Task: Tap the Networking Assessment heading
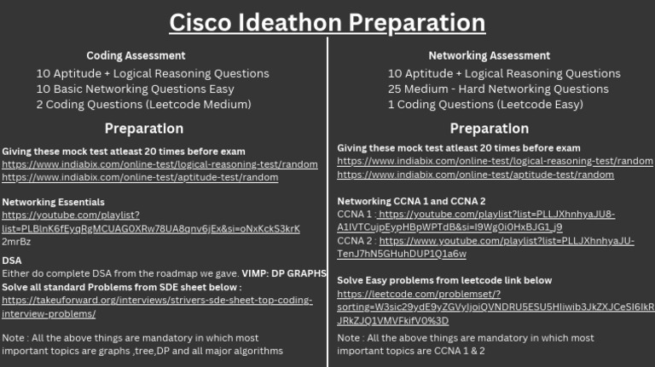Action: (x=489, y=56)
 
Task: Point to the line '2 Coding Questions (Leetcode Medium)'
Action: (x=143, y=105)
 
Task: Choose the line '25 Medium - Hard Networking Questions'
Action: (x=498, y=89)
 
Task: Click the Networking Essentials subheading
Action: (x=53, y=202)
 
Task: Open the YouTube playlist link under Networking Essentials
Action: (x=150, y=228)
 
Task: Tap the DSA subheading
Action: (x=12, y=261)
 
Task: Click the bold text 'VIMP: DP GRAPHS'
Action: (x=284, y=273)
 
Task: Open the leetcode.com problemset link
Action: (x=495, y=307)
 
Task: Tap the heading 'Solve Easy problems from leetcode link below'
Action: (x=444, y=280)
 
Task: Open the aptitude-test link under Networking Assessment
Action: (x=475, y=175)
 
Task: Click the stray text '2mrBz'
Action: (x=16, y=241)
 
